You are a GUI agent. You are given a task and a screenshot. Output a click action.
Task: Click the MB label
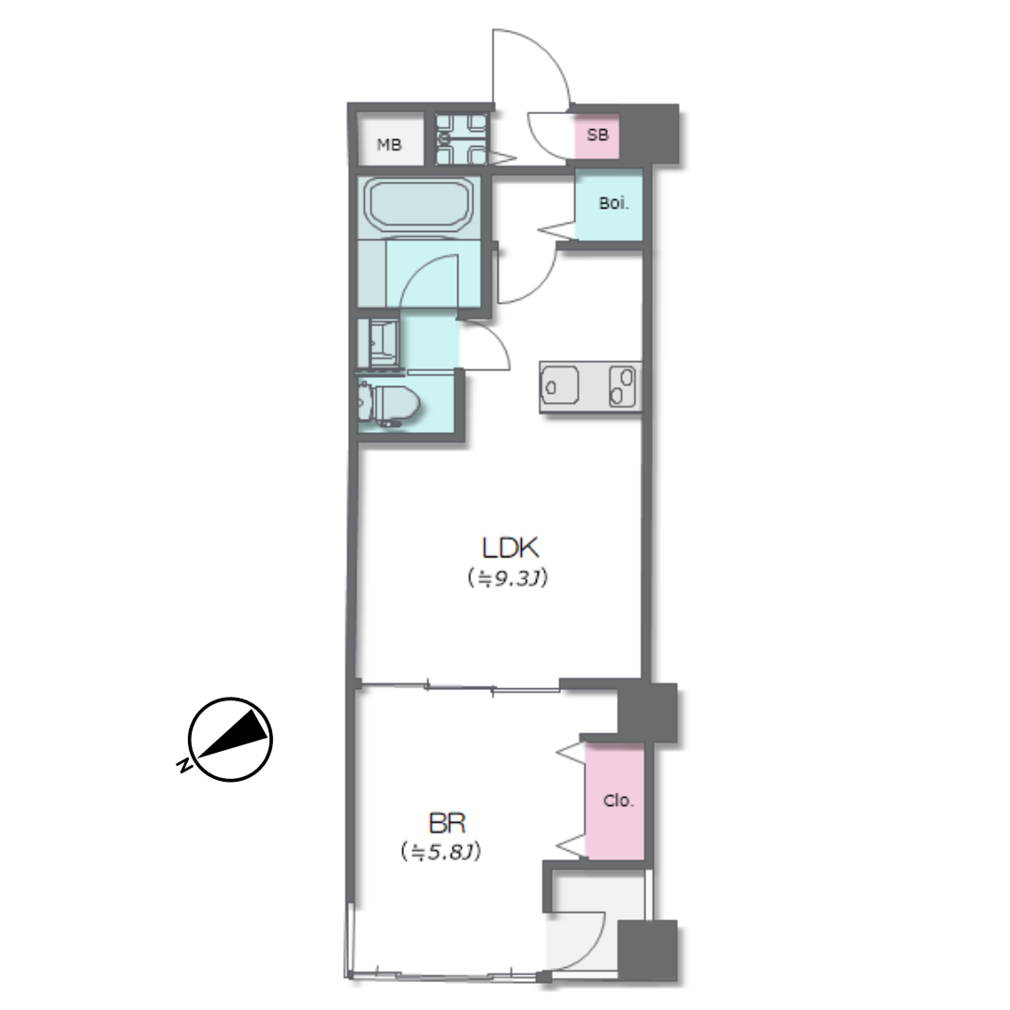[x=389, y=145]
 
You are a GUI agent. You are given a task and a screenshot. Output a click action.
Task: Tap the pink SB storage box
[x=597, y=136]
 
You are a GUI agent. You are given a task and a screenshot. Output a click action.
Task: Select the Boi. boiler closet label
[x=613, y=204]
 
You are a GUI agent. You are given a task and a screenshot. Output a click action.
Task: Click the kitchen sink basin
[x=560, y=386]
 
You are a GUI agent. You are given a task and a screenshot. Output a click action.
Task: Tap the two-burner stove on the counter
[x=622, y=386]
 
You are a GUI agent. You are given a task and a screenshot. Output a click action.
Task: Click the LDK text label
[x=511, y=548]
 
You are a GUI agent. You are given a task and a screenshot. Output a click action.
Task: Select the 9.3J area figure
[x=508, y=579]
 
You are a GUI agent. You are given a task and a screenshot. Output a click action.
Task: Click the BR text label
[x=446, y=823]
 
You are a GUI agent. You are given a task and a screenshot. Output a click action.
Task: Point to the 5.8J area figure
[x=440, y=852]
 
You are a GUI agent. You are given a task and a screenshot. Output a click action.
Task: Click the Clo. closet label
[x=618, y=801]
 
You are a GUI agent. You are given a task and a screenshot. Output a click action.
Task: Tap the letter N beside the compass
[x=183, y=765]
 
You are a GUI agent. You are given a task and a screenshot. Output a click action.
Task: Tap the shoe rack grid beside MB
[x=460, y=138]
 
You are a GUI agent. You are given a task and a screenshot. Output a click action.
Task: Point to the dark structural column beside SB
[x=649, y=134]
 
